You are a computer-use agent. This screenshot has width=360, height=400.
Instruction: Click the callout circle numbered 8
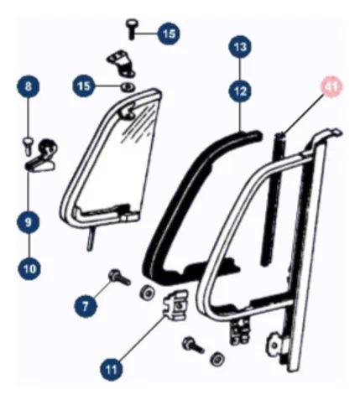pos(28,86)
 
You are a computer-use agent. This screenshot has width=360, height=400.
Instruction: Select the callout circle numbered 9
pos(28,222)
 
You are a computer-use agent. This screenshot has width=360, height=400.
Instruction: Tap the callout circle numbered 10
pos(29,268)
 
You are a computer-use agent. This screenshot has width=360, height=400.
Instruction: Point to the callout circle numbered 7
pos(86,306)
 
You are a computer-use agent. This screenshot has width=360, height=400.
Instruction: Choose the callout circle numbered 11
pos(112,369)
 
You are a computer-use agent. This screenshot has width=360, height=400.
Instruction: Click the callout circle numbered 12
pos(240,91)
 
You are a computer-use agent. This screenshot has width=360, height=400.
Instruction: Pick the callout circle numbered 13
pos(240,47)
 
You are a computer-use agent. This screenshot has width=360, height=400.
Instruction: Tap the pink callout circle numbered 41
pos(331,86)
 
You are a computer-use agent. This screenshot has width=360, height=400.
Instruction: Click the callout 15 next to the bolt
pos(169,34)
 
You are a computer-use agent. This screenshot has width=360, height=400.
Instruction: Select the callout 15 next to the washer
pos(84,86)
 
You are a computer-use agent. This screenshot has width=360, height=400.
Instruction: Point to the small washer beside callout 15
pos(128,86)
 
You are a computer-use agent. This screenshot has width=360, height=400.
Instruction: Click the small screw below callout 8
pos(28,146)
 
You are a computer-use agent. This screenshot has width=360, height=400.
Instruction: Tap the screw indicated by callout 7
pos(119,277)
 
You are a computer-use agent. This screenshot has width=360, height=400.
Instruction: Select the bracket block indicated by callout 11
pos(175,304)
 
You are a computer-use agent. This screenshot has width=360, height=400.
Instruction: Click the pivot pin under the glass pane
pos(90,238)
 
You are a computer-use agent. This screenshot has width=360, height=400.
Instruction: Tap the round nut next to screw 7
pos(147,292)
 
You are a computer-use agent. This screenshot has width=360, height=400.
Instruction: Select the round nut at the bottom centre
pos(217,358)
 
